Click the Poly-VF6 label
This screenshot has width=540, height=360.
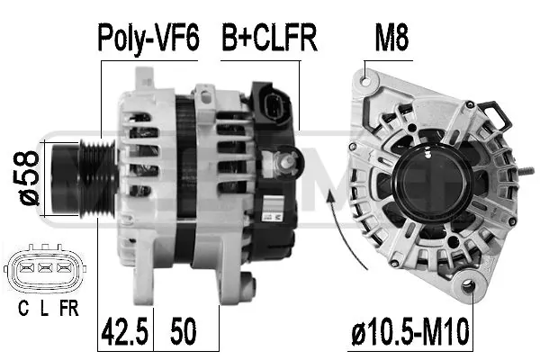pos(148,37)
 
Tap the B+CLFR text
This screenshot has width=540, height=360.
pos(269,37)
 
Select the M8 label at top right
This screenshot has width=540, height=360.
pos(391,37)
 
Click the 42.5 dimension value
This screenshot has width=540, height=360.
pos(125,331)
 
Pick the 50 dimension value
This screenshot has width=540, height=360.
pos(184,331)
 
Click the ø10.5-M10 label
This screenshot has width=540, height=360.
pos(410,331)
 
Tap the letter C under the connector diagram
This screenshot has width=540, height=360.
pos(23,308)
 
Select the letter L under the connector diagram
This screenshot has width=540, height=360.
pos(44,308)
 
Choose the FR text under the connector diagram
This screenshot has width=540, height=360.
pos(69,308)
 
